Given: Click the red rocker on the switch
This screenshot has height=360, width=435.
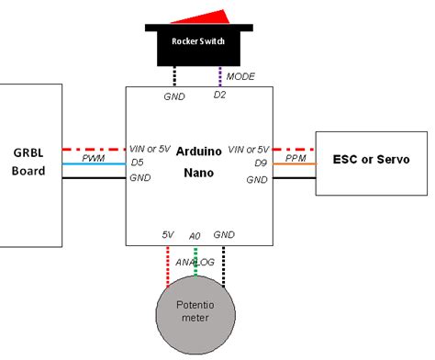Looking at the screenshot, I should [197, 17].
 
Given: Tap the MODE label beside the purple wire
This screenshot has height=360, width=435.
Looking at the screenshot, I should [240, 76].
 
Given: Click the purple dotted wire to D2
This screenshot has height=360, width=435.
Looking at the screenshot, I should [220, 76].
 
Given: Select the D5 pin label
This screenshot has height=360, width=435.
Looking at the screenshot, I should [138, 164].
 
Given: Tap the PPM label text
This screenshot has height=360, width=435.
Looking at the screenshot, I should [296, 157].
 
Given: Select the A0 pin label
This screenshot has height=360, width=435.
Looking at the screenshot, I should [195, 236].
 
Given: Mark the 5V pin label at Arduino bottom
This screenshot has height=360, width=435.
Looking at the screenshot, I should [168, 236].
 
